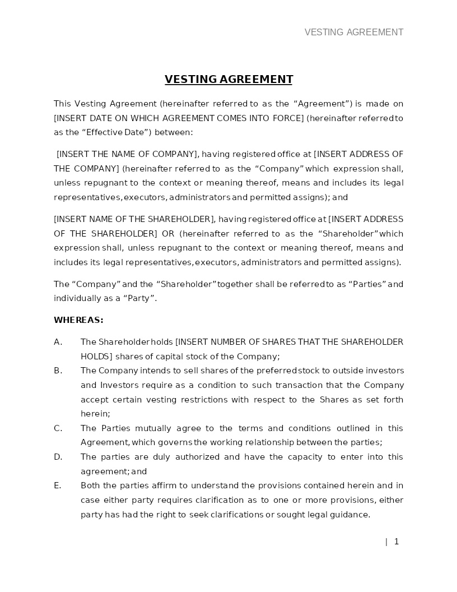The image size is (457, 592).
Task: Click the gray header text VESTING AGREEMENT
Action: (353, 32)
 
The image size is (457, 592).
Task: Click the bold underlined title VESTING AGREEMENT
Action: (228, 79)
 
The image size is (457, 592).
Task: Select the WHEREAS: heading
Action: (78, 320)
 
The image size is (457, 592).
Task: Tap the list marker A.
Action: (58, 342)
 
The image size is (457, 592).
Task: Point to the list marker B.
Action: (58, 371)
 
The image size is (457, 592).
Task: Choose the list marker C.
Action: (58, 428)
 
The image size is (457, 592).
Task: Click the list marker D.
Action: (58, 457)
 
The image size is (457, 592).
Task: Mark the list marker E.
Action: (57, 485)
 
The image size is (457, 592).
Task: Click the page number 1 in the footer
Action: (397, 542)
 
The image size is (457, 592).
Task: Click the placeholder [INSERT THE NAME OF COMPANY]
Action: (127, 154)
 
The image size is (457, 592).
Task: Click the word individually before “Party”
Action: (76, 298)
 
